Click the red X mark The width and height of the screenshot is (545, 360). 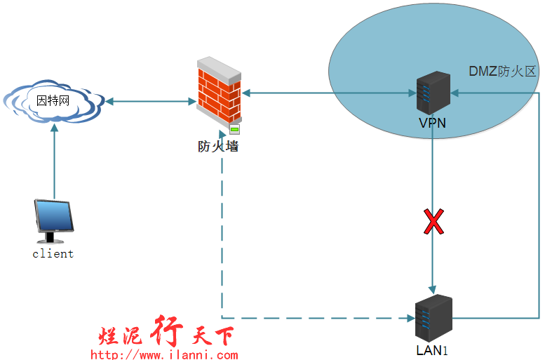click(x=434, y=222)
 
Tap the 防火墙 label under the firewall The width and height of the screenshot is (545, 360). click(x=217, y=147)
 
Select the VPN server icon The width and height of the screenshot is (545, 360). click(x=433, y=93)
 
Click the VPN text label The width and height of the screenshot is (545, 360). click(x=432, y=124)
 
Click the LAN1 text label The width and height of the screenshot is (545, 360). click(x=432, y=349)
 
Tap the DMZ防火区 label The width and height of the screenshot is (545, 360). click(x=502, y=72)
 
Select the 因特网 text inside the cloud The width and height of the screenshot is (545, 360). click(x=53, y=101)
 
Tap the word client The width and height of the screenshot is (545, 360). click(x=53, y=254)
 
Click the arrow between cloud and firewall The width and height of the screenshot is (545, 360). click(x=151, y=102)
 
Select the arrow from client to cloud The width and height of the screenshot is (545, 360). click(x=54, y=161)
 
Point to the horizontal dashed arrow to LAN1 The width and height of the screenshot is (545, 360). click(x=316, y=317)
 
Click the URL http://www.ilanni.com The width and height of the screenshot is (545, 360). click(x=164, y=354)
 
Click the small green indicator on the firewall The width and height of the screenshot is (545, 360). click(x=235, y=129)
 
